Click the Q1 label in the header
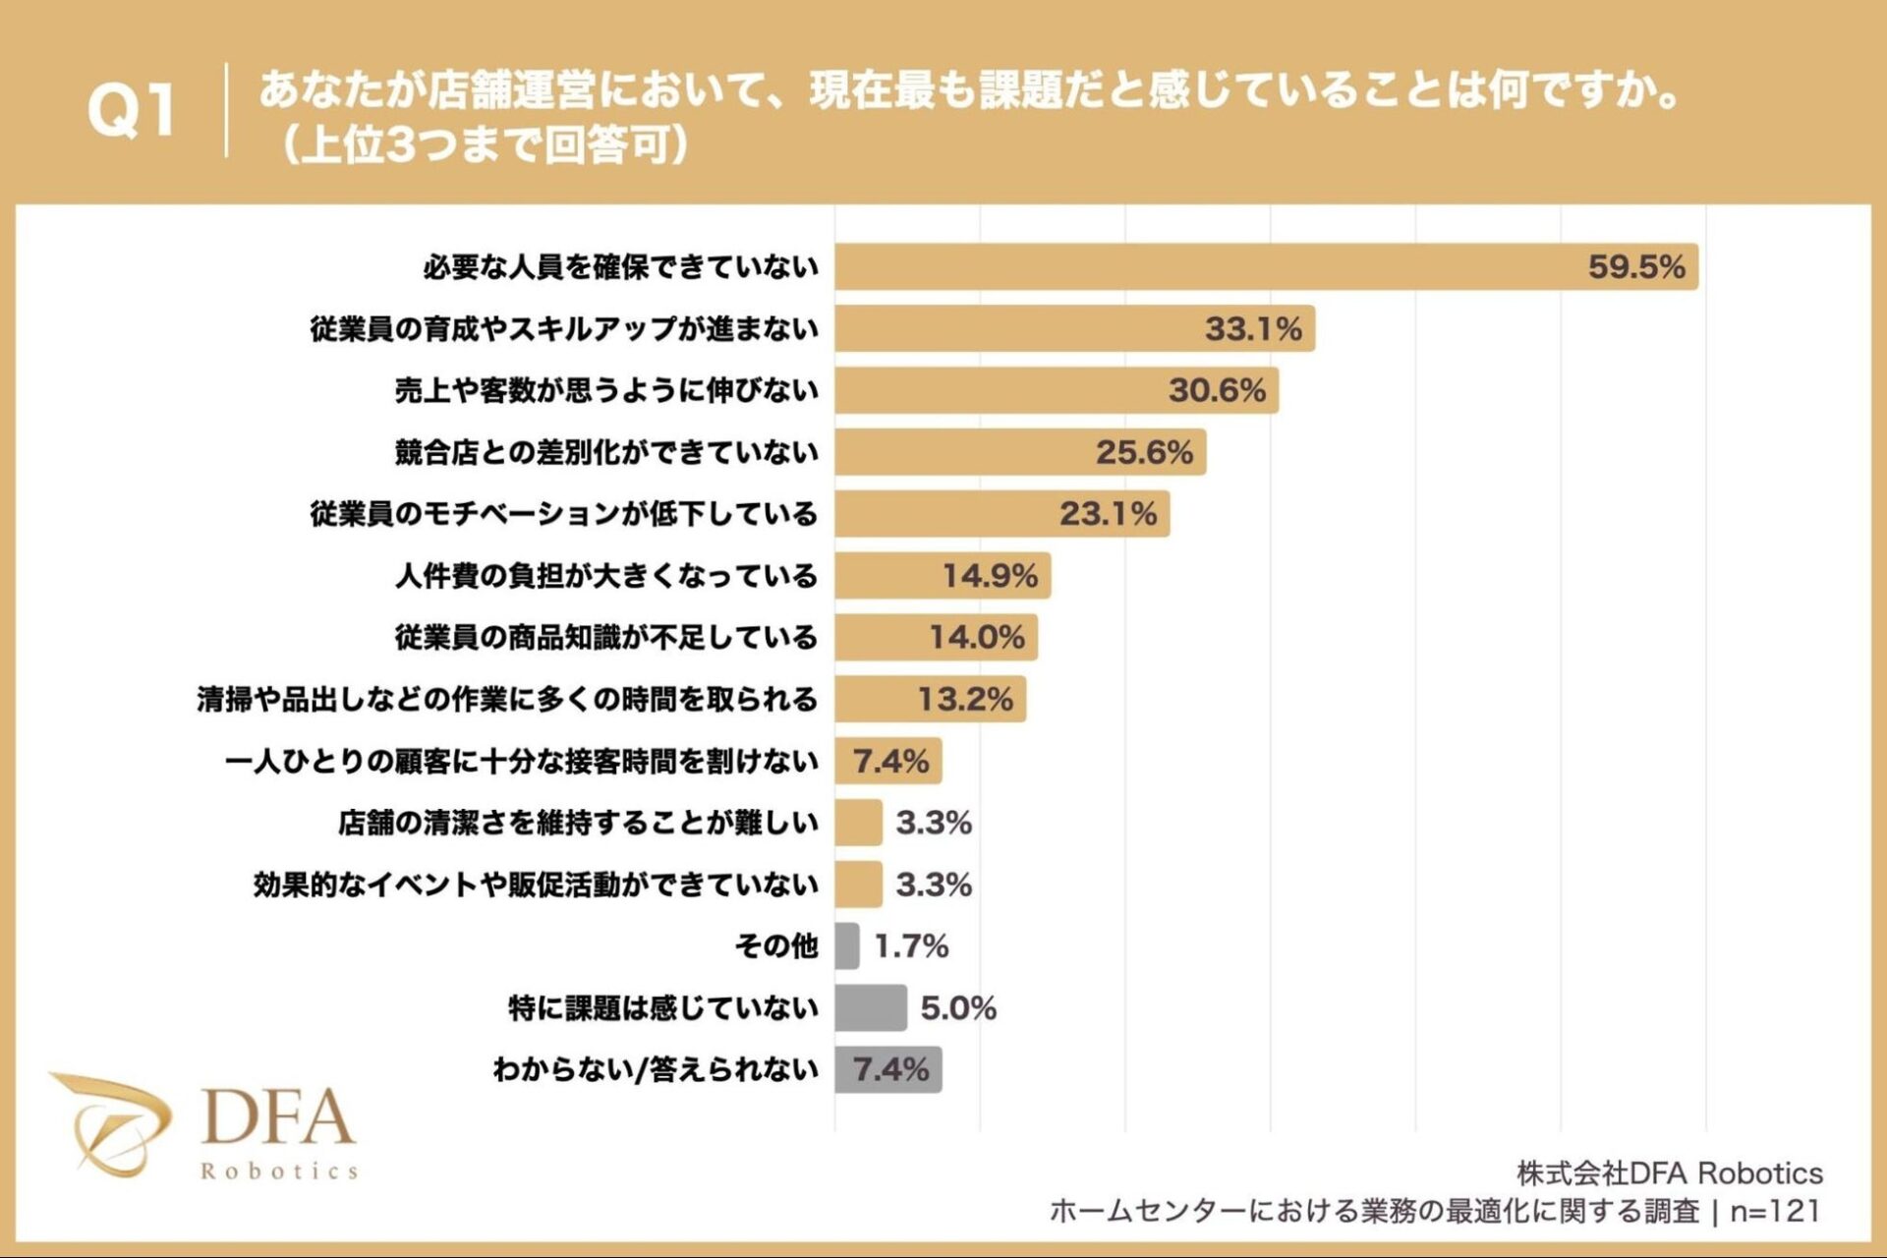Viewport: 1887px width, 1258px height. (132, 109)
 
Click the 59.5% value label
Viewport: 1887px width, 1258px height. (1636, 266)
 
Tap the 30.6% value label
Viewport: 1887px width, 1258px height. (1217, 390)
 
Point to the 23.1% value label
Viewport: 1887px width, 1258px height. (1108, 513)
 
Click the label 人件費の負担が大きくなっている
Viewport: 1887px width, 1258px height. (605, 575)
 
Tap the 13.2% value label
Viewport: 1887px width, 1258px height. (964, 699)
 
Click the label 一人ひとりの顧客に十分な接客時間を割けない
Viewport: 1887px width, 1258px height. (521, 761)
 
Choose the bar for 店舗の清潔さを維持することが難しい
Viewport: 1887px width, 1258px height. (858, 823)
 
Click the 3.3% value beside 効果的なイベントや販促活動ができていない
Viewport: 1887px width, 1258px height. (933, 885)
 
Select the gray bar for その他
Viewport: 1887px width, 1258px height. (846, 945)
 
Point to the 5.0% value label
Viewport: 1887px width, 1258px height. (957, 1007)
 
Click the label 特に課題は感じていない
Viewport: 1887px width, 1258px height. (662, 1007)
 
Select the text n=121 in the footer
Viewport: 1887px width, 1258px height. (1775, 1211)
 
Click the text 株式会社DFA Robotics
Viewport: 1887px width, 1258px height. (1669, 1172)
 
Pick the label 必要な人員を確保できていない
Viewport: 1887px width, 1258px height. (620, 266)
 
